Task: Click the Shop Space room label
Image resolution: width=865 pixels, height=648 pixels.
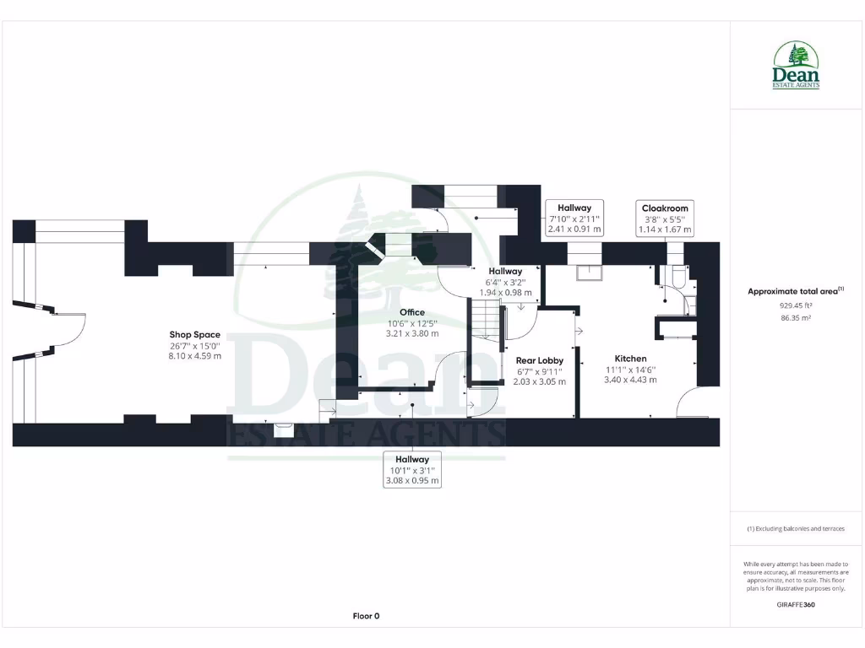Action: coord(194,335)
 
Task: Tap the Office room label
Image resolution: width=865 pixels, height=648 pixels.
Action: coord(412,312)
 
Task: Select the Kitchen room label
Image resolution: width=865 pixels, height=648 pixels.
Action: coord(630,359)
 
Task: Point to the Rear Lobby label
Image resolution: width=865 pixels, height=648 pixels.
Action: coord(539,360)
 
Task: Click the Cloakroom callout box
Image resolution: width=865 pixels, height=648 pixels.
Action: coord(665,219)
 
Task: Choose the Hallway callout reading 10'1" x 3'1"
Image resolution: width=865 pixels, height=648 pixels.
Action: coord(412,470)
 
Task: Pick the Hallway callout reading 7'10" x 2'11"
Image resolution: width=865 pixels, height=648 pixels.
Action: coord(574,218)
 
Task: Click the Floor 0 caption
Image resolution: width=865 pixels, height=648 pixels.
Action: coord(366,616)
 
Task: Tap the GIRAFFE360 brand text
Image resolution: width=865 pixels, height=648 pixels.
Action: coord(796,604)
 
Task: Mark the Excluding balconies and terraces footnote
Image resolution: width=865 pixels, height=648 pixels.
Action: coord(796,529)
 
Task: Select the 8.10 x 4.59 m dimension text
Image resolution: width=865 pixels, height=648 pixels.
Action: coord(194,356)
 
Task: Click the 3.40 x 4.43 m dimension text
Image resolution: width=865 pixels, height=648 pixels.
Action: coord(630,380)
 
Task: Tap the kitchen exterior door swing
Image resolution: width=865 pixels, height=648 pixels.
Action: coord(695,403)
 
